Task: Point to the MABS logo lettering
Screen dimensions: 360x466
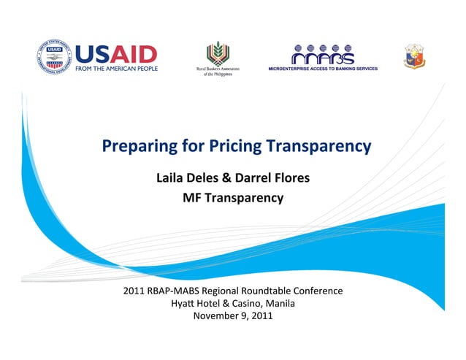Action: point(323,55)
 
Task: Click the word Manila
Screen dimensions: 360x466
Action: point(280,304)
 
